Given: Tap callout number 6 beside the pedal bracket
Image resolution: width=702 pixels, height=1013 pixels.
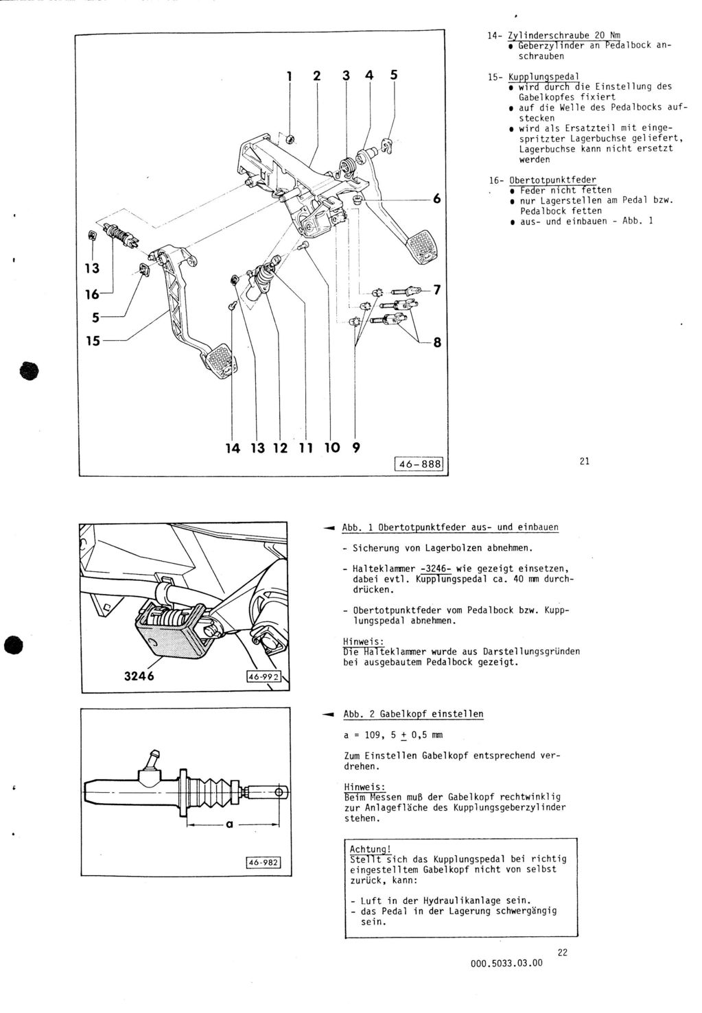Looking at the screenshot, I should (436, 199).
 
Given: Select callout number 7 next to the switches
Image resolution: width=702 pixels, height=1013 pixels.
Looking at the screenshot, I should (436, 291).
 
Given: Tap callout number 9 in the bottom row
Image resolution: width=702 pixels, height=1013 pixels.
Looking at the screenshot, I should (355, 449).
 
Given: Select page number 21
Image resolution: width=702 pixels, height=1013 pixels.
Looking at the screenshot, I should (584, 462).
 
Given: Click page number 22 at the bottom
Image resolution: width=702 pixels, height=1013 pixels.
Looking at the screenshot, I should (563, 952).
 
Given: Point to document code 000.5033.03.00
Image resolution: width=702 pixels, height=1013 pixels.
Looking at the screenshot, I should (506, 963).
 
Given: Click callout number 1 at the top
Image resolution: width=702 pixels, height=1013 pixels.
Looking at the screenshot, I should (289, 77).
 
